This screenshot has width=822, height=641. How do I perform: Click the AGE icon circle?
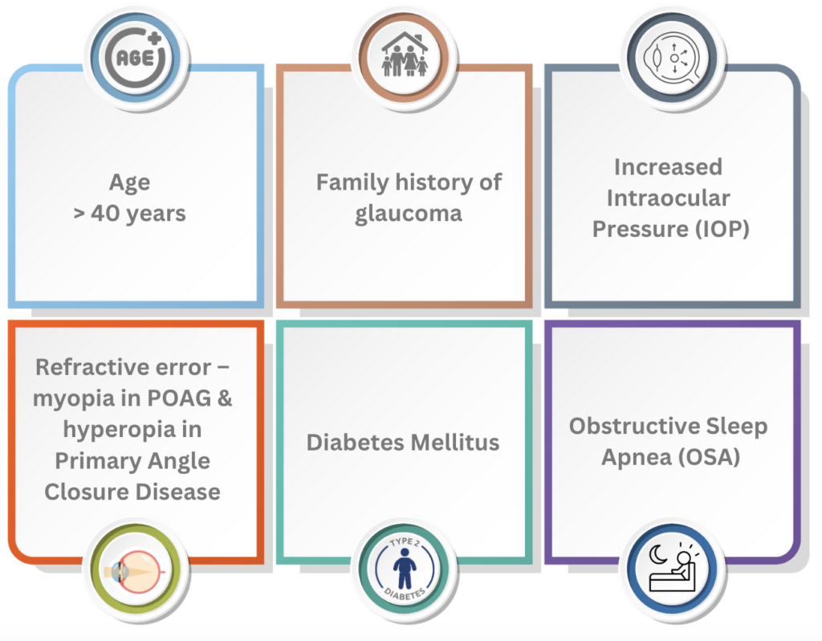tap(136, 57)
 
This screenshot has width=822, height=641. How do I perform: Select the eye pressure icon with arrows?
tap(673, 57)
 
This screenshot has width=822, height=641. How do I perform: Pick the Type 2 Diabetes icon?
tap(405, 570)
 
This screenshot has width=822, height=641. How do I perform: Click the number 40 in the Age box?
tap(105, 213)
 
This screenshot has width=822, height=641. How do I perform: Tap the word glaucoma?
tap(409, 214)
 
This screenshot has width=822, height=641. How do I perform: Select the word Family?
tap(352, 183)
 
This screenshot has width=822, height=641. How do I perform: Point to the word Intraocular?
tap(668, 198)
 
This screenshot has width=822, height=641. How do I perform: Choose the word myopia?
tap(73, 399)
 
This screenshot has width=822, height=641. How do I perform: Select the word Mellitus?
tap(455, 443)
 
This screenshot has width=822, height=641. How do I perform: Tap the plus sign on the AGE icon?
tap(154, 38)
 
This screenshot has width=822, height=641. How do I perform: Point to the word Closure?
tap(87, 492)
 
